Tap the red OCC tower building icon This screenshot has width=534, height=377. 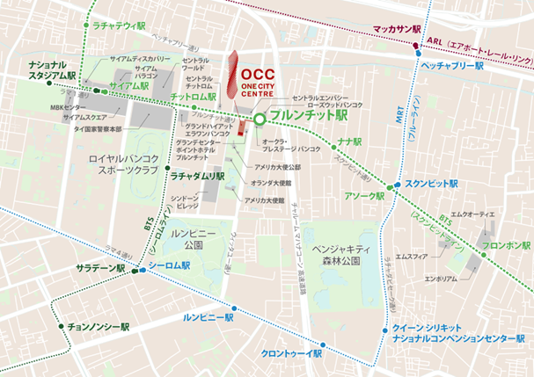click(x=231, y=75)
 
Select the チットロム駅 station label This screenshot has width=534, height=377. click(x=195, y=97)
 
